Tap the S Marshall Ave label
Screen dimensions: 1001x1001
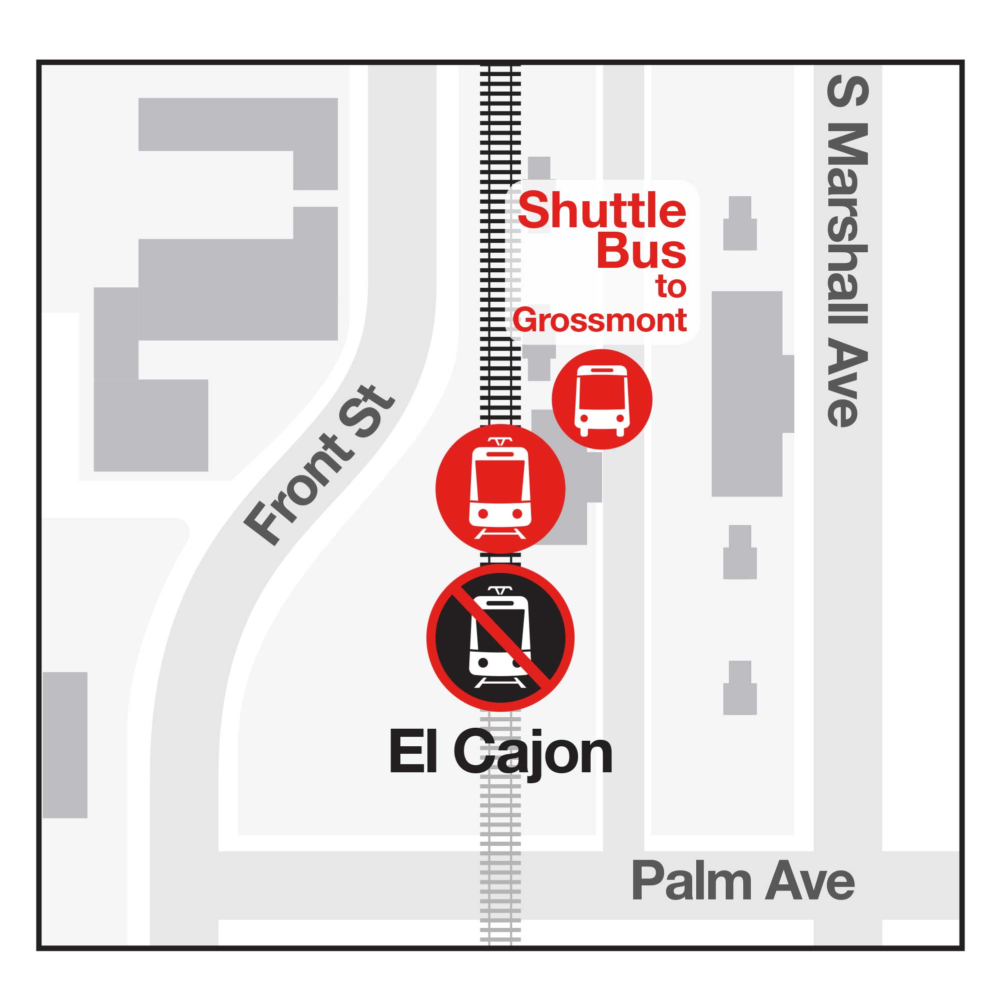[847, 251]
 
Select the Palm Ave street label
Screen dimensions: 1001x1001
[742, 881]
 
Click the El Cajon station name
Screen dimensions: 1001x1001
[500, 752]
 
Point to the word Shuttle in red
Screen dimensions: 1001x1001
[602, 210]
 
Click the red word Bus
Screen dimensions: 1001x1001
[641, 252]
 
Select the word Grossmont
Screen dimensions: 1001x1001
[600, 320]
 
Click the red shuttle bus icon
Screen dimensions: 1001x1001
[602, 399]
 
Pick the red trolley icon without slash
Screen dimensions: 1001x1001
[500, 488]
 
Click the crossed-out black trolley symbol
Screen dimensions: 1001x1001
[500, 637]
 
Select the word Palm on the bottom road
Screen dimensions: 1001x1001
[691, 881]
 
